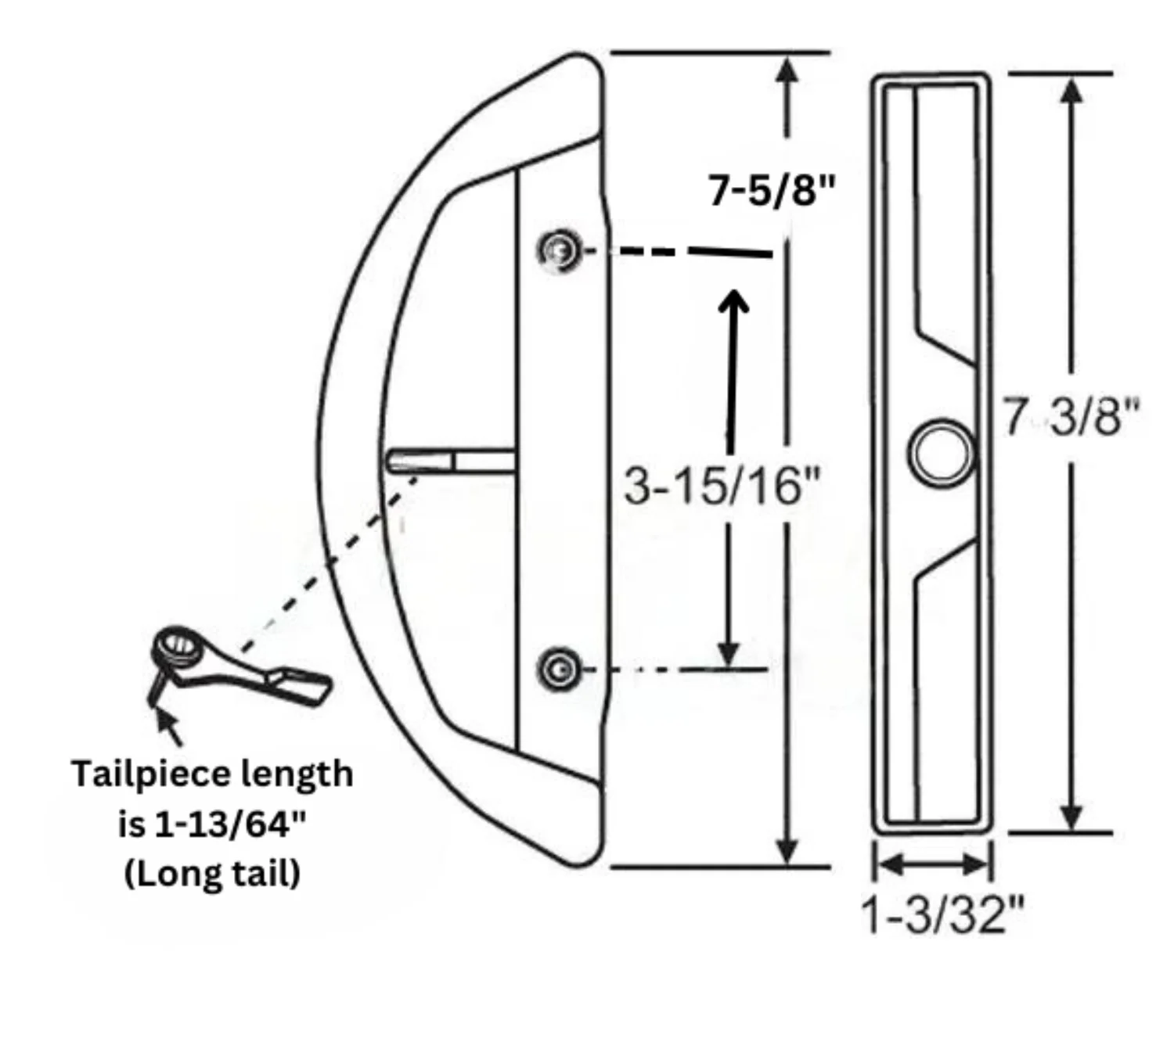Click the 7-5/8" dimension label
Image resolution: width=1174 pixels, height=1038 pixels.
pyautogui.click(x=772, y=191)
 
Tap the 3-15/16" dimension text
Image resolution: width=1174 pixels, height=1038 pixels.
pyautogui.click(x=722, y=486)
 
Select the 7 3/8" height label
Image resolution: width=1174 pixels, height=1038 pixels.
pyautogui.click(x=1071, y=417)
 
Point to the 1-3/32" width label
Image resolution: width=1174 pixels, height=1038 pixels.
pyautogui.click(x=942, y=913)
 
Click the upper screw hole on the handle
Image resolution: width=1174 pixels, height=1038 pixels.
pyautogui.click(x=559, y=251)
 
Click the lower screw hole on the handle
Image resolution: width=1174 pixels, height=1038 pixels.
pyautogui.click(x=559, y=670)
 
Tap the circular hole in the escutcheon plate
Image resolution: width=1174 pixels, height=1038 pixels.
pyautogui.click(x=942, y=453)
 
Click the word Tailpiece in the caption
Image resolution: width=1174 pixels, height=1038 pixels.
pyautogui.click(x=149, y=774)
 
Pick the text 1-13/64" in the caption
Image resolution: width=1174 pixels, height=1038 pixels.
pyautogui.click(x=231, y=824)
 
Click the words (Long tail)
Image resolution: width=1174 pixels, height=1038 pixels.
pyautogui.click(x=212, y=873)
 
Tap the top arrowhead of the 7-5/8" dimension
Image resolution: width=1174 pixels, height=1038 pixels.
pyautogui.click(x=787, y=69)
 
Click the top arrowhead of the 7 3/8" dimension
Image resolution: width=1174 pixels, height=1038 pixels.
pyautogui.click(x=1071, y=90)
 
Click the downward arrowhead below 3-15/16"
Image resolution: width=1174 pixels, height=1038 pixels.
pyautogui.click(x=729, y=654)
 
